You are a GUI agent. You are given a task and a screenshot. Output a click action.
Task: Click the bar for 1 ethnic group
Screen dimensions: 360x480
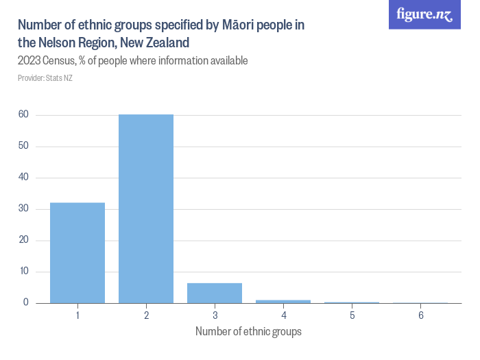pos(77,252)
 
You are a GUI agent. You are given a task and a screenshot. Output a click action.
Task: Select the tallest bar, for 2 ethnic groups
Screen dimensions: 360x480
pos(146,208)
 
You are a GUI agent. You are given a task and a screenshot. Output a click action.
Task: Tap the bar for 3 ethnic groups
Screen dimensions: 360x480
pos(215,293)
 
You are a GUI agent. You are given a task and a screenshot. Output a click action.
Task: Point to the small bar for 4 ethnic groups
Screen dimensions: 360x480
pos(283,301)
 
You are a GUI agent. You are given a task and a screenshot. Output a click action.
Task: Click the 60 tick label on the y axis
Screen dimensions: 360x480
pos(23,115)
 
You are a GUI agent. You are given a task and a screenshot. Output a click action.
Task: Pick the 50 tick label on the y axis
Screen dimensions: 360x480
pos(23,146)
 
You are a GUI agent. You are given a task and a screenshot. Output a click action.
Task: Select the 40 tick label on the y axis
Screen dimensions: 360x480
pos(23,178)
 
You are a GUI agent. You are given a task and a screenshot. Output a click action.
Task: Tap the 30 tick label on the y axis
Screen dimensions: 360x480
pos(23,208)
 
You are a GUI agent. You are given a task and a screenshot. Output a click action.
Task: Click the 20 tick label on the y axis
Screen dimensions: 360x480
pos(23,240)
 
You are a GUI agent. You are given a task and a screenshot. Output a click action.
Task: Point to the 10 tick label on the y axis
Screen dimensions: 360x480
pos(23,272)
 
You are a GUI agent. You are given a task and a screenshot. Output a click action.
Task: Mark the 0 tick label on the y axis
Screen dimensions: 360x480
pos(25,302)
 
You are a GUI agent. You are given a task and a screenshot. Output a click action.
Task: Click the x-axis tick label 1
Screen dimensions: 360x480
pos(77,315)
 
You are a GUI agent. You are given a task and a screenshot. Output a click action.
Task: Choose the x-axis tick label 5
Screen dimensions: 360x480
pos(352,315)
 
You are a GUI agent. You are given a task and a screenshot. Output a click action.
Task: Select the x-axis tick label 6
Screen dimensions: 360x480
pos(420,315)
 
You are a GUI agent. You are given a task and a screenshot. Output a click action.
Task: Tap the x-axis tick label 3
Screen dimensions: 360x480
pos(215,315)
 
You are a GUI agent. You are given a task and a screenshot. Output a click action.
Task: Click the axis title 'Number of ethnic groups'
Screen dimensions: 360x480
pos(248,332)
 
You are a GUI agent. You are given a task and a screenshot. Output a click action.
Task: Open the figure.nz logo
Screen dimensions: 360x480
pos(424,14)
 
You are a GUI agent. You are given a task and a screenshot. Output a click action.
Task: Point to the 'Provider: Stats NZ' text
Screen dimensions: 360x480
pos(45,78)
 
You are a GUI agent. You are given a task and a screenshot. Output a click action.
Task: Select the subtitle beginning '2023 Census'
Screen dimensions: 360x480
pos(132,61)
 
